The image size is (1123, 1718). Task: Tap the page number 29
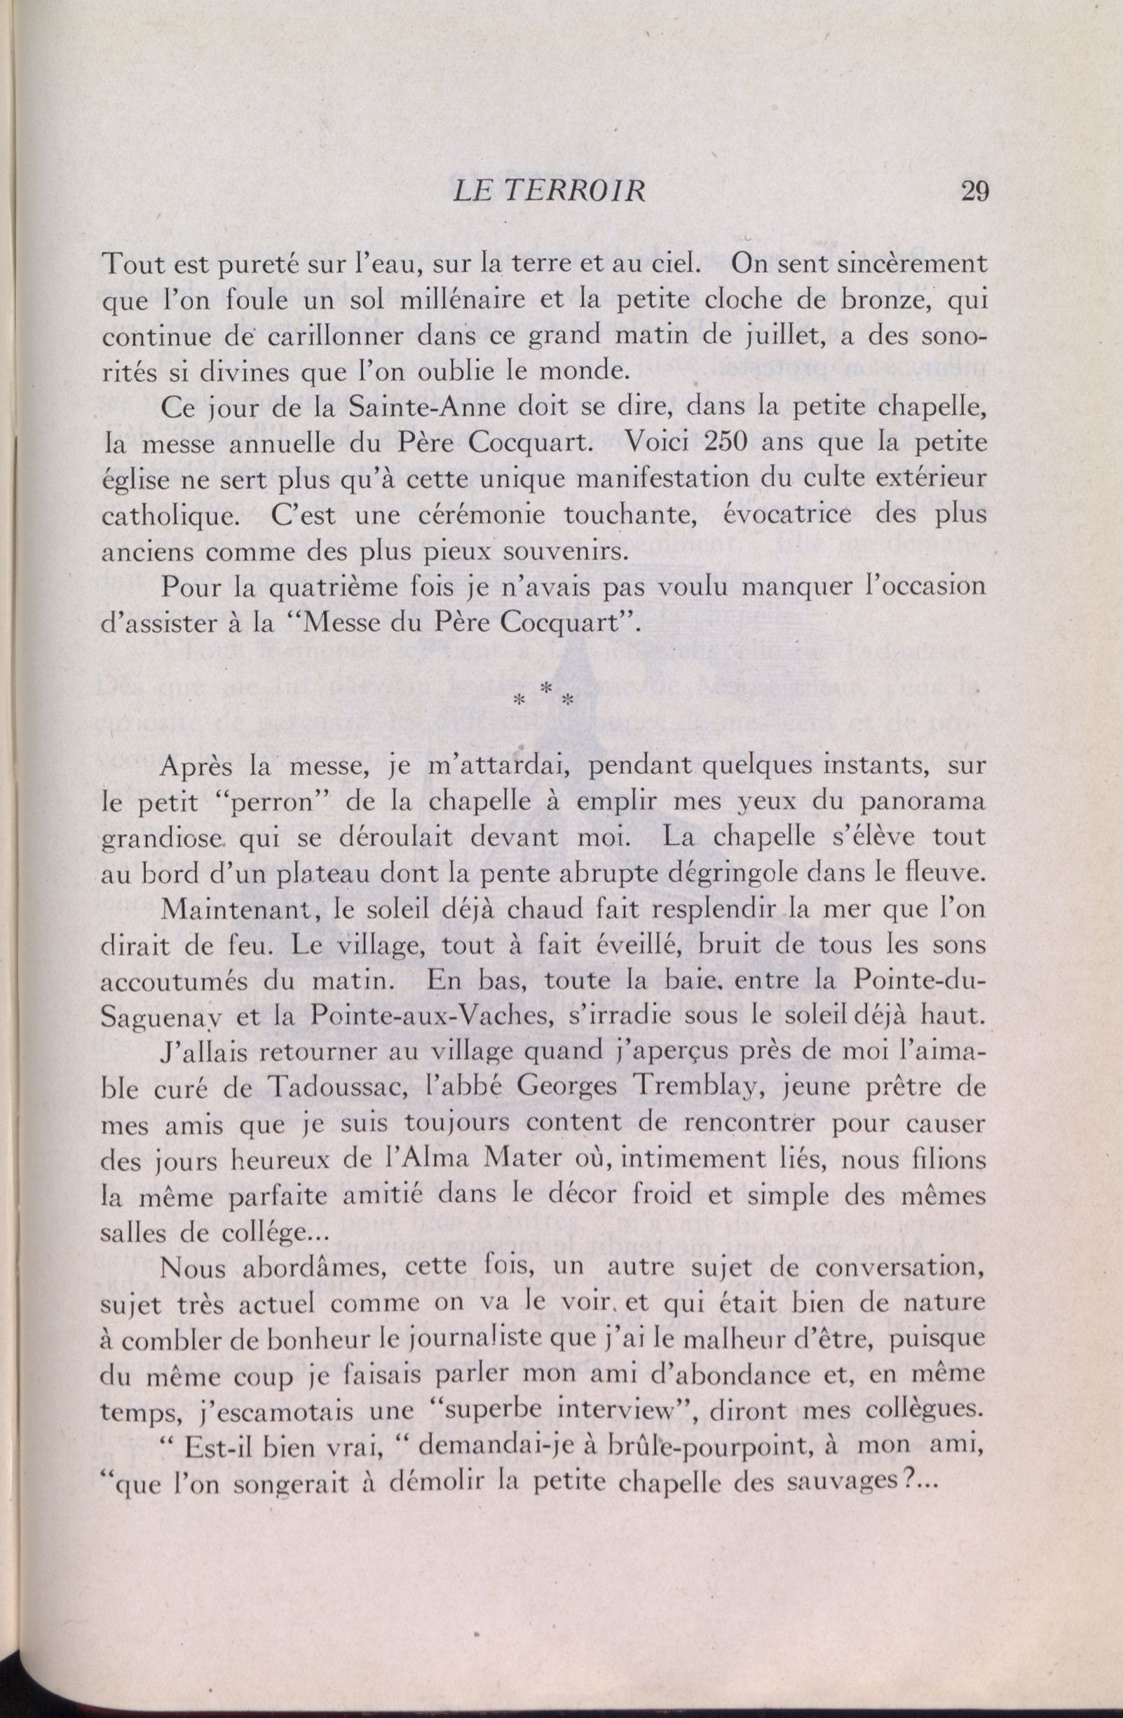click(974, 193)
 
